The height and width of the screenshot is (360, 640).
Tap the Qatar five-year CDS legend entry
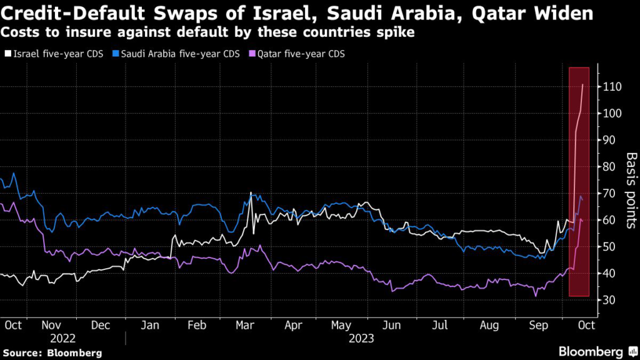click(x=294, y=54)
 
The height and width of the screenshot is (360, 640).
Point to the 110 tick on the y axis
click(x=612, y=87)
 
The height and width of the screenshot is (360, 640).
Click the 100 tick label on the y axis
click(x=612, y=114)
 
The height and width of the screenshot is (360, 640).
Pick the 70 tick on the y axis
click(x=610, y=194)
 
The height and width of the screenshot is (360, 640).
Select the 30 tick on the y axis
click(x=610, y=301)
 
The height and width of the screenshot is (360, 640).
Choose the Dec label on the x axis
click(x=101, y=325)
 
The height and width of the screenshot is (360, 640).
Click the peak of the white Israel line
click(x=582, y=84)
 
